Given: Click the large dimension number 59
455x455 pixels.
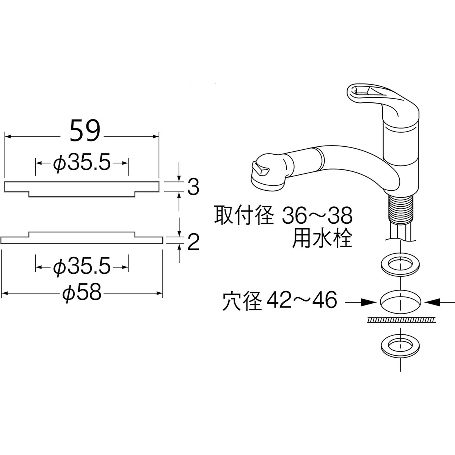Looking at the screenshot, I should (x=85, y=131).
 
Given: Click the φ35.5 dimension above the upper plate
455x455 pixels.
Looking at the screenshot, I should (x=82, y=163).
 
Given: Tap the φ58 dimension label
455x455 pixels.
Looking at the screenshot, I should (x=82, y=293).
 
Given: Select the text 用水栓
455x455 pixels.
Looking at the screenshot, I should (x=322, y=239).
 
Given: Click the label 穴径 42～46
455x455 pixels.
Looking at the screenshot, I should (x=280, y=302).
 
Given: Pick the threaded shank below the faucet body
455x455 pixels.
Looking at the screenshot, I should (x=400, y=210).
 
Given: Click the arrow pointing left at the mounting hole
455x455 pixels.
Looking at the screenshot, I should (x=436, y=302).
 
